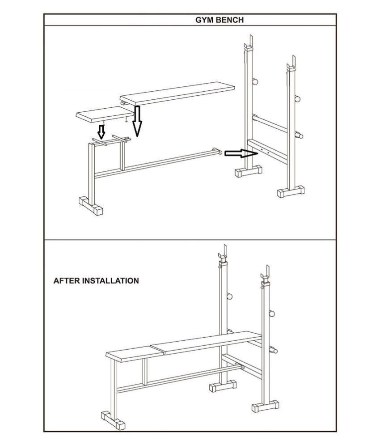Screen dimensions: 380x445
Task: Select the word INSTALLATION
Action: pyautogui.click(x=110, y=281)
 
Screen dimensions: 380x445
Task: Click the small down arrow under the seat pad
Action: pyautogui.click(x=101, y=131)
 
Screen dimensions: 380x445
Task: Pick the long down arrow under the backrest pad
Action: pyautogui.click(x=137, y=121)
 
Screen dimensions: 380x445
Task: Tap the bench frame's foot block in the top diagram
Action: pyautogui.click(x=91, y=205)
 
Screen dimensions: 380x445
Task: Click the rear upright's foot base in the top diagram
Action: pyautogui.click(x=249, y=171)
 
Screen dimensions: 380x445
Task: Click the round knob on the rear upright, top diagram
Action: pyautogui.click(x=255, y=81)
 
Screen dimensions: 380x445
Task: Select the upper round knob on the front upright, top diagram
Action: pyautogui.click(x=298, y=98)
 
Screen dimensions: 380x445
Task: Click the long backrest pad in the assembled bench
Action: pyautogui.click(x=207, y=342)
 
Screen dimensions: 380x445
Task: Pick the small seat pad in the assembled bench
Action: pyautogui.click(x=135, y=354)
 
